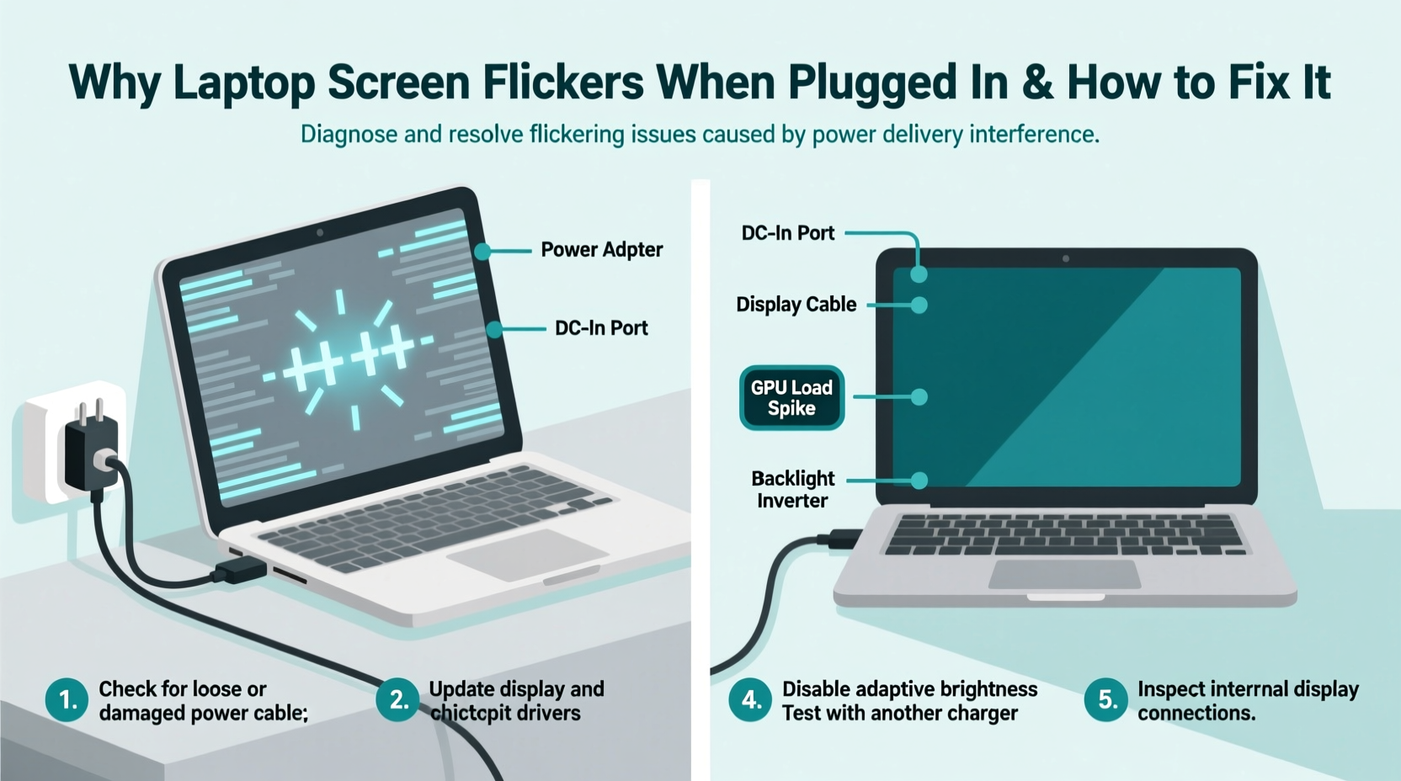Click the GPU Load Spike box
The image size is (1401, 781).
point(791,398)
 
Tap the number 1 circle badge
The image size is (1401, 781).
point(67,700)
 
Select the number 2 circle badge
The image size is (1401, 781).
point(398,700)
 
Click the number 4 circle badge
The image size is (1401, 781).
point(750,700)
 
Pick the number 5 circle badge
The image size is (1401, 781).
point(1106,700)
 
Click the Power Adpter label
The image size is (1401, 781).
point(601,250)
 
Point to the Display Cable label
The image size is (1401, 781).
point(796,305)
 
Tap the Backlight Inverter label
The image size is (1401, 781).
point(792,490)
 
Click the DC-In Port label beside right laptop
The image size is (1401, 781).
point(787,233)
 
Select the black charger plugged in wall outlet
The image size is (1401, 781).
point(89,450)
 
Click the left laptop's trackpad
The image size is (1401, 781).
point(527,554)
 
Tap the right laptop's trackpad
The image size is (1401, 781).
point(1064,575)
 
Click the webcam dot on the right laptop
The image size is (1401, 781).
point(1066,258)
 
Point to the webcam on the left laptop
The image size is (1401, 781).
point(320,232)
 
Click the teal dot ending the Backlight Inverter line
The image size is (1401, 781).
point(919,481)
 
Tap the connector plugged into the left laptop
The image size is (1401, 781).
point(239,572)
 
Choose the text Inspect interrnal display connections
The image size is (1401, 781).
point(1247,701)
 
